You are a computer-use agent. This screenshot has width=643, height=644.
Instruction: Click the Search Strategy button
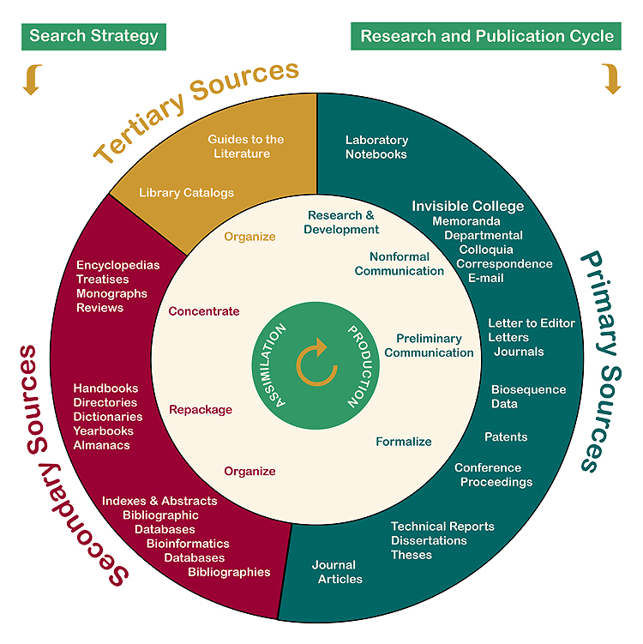94,36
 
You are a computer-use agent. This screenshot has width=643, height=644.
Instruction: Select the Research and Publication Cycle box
487,36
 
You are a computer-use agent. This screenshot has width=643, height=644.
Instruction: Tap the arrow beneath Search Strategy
32,80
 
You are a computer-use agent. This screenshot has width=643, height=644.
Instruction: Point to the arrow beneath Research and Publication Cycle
611,80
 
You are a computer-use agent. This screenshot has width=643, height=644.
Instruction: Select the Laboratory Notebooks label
376,147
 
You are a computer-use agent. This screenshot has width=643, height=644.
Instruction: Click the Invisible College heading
467,207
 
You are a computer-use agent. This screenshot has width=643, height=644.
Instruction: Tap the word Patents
506,437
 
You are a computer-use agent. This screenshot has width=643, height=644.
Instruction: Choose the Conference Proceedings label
493,475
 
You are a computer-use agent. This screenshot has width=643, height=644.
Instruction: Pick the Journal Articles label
337,572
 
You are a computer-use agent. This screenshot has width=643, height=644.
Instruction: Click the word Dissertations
429,540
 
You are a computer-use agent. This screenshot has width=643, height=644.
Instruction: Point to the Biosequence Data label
528,396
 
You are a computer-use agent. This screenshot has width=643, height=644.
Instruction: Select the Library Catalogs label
186,193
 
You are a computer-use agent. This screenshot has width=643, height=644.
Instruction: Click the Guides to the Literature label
245,147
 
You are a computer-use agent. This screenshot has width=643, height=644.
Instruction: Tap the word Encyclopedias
117,265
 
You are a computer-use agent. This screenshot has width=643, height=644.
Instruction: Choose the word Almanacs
101,445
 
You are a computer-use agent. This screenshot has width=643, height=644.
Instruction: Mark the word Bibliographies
229,572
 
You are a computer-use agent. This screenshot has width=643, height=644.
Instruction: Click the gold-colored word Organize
249,237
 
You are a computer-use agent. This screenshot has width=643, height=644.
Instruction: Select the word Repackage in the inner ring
200,410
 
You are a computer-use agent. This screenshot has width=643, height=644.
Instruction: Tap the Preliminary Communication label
429,346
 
